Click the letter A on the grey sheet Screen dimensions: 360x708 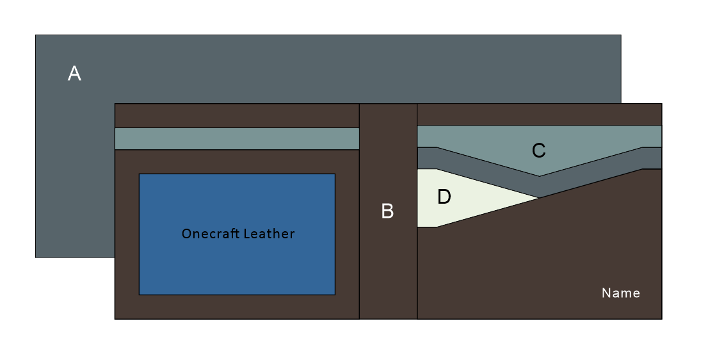click(x=74, y=74)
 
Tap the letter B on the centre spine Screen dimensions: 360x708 click(x=387, y=211)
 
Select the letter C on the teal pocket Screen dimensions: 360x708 click(x=538, y=151)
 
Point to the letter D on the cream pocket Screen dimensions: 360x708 click(x=444, y=197)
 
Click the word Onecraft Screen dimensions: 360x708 click(x=209, y=234)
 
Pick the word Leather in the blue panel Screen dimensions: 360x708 click(x=268, y=234)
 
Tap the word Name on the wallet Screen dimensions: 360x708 click(x=620, y=293)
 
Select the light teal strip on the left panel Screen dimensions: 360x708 click(x=237, y=138)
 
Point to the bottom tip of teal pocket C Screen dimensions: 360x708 click(x=539, y=176)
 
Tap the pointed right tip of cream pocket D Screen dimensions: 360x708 click(x=538, y=198)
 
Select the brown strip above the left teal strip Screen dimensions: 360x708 click(x=237, y=115)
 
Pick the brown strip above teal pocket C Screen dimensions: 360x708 click(x=539, y=114)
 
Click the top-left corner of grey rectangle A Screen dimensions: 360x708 click(x=36, y=35)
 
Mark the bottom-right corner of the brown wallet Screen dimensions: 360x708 click(x=661, y=318)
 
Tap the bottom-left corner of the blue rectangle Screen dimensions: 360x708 click(x=140, y=294)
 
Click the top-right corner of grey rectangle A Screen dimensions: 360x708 click(x=620, y=35)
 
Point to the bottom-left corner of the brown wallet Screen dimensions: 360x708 click(x=115, y=318)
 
